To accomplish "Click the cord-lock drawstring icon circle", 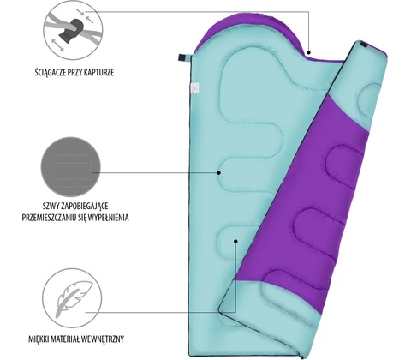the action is pos(73,30).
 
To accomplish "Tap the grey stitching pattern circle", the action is pos(71,167).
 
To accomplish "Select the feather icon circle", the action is pos(72,298).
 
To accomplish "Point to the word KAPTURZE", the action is pos(100,73).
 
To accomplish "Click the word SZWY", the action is pos(50,206).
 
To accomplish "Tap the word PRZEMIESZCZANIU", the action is pos(49,218).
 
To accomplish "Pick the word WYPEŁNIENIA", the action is pos(109,218).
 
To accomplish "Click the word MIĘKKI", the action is pos(39,339).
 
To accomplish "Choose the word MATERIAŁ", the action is pos(65,339).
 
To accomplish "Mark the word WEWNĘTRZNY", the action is pos(103,339).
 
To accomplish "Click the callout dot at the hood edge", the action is pos(308,52).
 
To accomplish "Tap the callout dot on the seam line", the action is pos(218,172).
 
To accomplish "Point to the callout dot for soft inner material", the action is pos(235,242).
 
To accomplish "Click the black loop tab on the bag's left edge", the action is pos(182,57).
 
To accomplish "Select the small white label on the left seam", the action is pos(195,88).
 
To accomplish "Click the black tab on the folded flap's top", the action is pos(364,45).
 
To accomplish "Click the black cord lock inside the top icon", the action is pos(71,31).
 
